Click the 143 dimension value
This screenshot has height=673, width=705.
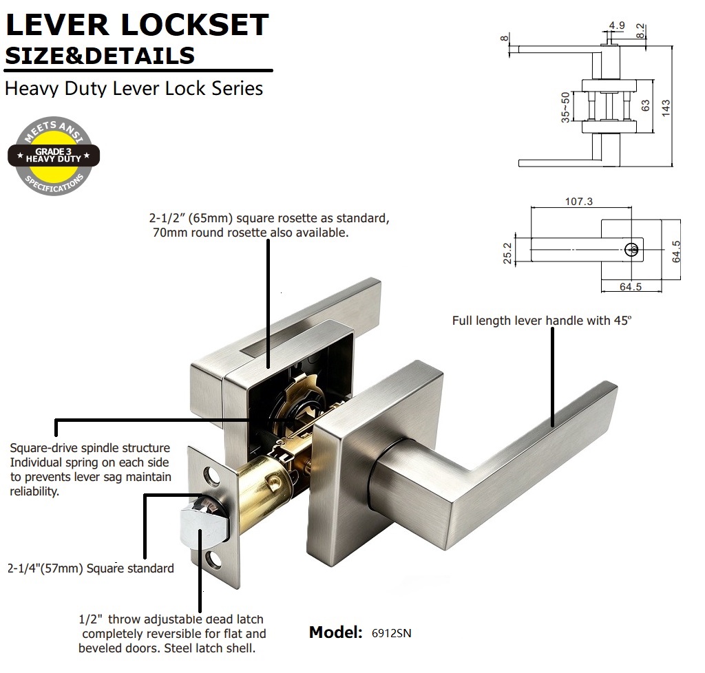[x=666, y=108]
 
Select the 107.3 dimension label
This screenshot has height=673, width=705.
[x=578, y=201]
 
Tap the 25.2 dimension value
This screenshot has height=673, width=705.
[x=507, y=253]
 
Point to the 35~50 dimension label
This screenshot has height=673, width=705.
[x=565, y=107]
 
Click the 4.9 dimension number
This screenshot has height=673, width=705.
[x=617, y=25]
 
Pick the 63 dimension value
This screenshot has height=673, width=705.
[x=646, y=105]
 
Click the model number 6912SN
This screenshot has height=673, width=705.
[x=391, y=633]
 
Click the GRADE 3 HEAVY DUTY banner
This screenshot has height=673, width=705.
[x=54, y=156]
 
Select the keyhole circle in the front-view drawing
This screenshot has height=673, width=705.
[x=632, y=249]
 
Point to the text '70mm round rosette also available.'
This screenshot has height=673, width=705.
[x=251, y=233]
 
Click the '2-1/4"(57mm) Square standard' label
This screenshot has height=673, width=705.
[x=91, y=569]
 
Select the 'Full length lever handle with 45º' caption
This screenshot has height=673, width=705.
[x=542, y=320]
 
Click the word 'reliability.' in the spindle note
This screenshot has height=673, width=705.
[x=34, y=491]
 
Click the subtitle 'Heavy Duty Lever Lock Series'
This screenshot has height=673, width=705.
[x=134, y=89]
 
